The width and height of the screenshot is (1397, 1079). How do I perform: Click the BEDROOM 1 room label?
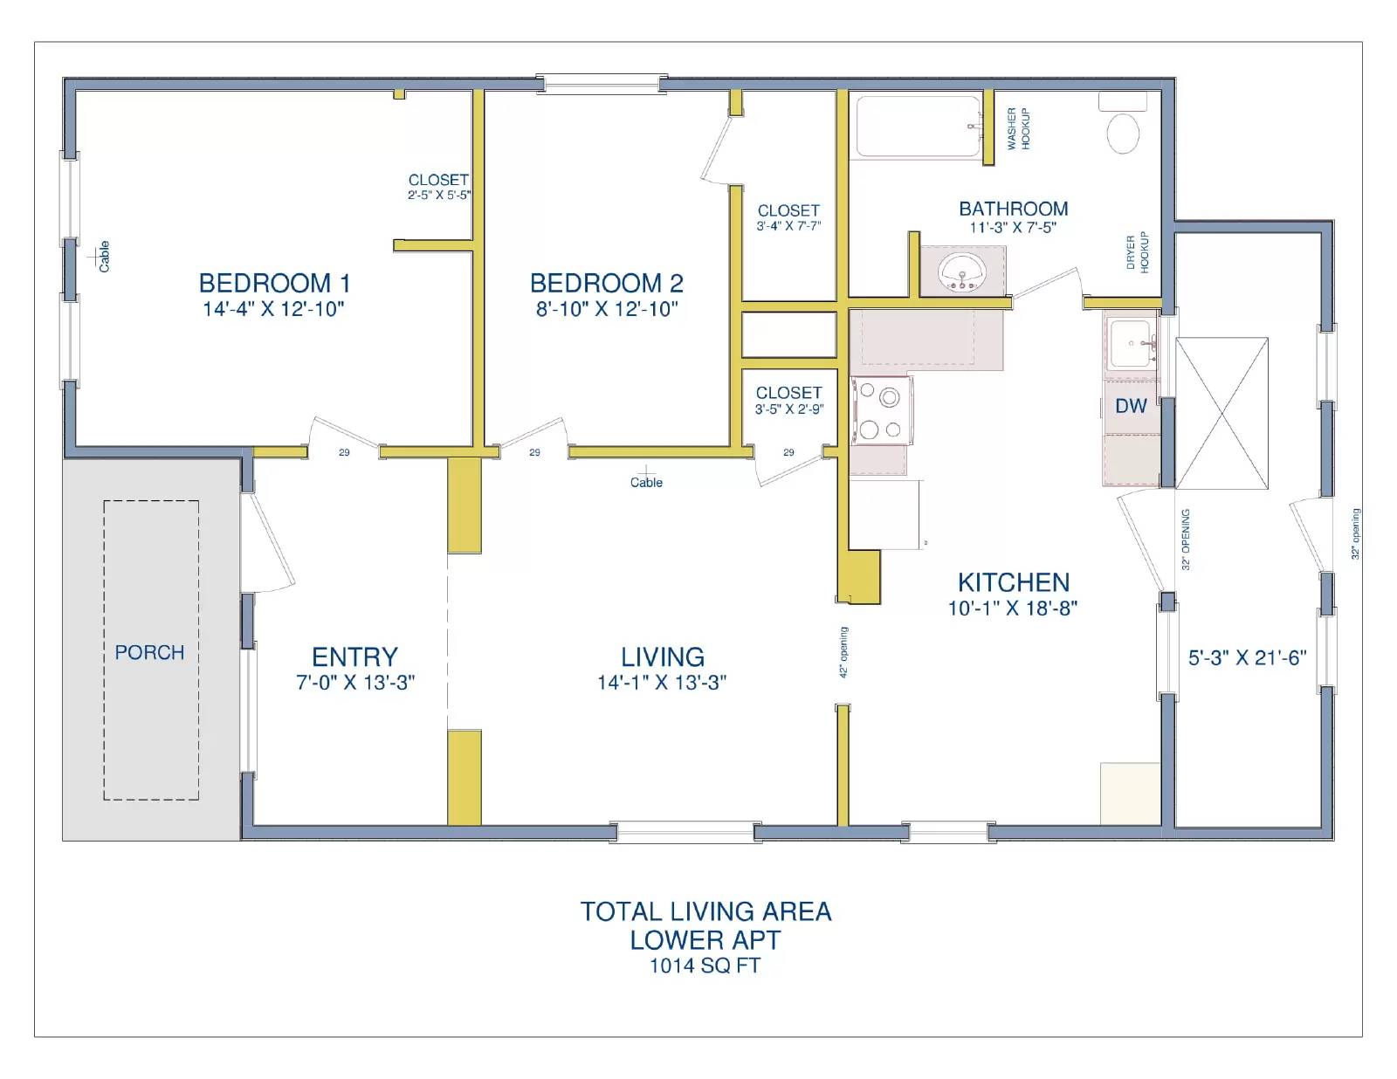(274, 283)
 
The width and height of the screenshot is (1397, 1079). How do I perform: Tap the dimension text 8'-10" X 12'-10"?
(606, 309)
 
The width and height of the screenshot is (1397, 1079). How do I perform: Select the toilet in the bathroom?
(1123, 134)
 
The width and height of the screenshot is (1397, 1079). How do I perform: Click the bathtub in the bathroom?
(917, 127)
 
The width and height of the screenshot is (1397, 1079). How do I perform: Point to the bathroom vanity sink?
(961, 271)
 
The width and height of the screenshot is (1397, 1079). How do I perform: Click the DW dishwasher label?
(1131, 406)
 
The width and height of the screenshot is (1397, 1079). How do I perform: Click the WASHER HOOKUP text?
(1018, 128)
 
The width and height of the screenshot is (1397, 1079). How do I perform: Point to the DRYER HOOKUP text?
(1137, 252)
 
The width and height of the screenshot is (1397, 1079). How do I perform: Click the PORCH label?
(149, 652)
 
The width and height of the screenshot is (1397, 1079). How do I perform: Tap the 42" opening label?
(843, 652)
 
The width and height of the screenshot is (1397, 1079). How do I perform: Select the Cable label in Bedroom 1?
(104, 257)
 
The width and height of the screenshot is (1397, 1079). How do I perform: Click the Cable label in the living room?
(646, 482)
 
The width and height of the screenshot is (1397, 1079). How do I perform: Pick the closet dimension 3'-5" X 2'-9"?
(788, 409)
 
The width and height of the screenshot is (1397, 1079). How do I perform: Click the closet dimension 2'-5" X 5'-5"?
(438, 196)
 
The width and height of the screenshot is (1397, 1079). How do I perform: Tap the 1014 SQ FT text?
(705, 966)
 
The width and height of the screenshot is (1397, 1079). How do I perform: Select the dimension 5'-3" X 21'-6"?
(1247, 658)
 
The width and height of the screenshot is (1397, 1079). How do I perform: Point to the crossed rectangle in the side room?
(1222, 413)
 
